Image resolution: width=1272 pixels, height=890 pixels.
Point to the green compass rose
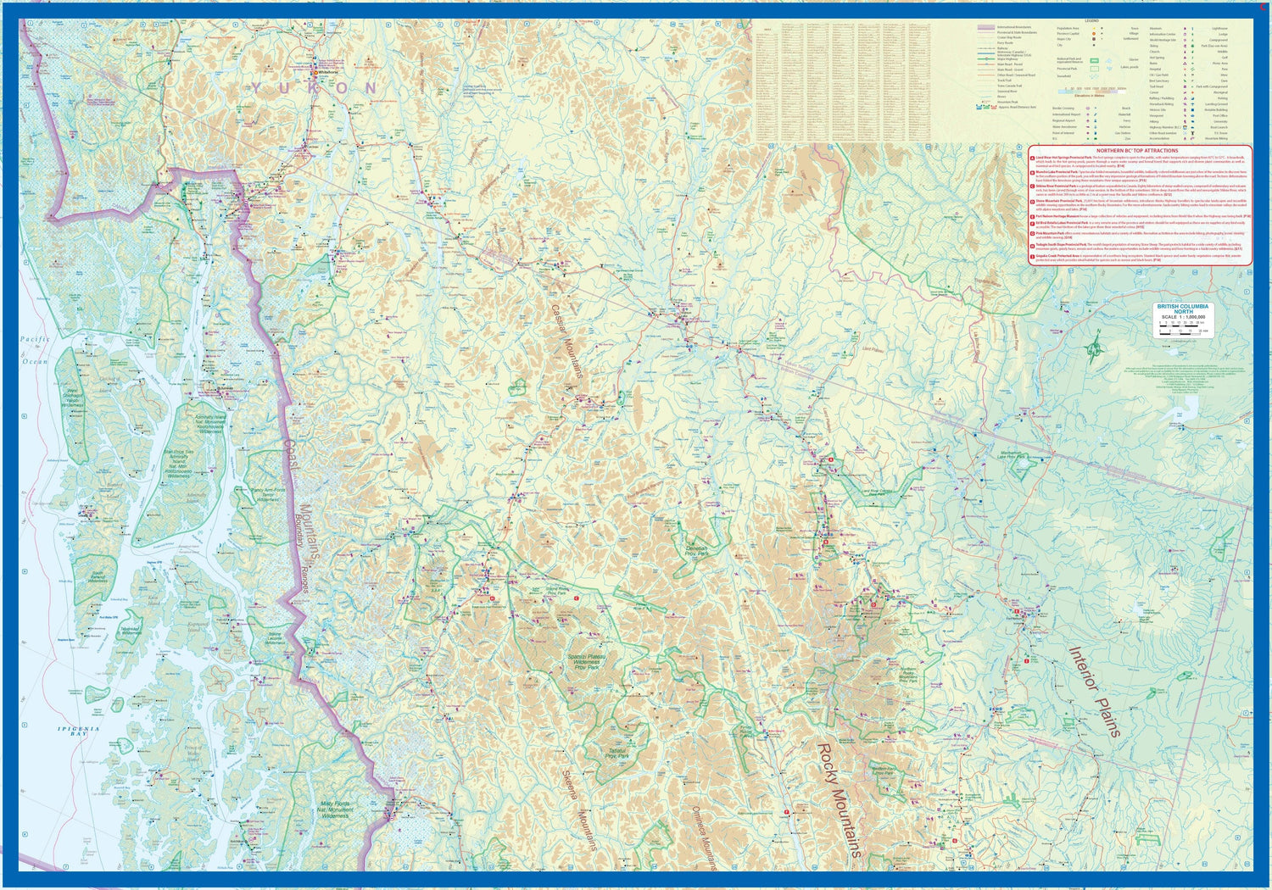pyautogui.click(x=1097, y=345)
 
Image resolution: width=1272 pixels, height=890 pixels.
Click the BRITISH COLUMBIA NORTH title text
pyautogui.click(x=1182, y=309)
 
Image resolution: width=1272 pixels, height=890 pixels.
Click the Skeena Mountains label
pyautogui.click(x=580, y=809)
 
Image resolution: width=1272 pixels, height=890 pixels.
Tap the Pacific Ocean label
pyautogui.click(x=35, y=349)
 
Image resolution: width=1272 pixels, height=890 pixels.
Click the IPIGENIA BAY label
pyautogui.click(x=78, y=731)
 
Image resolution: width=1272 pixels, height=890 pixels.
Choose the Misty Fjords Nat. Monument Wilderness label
pyautogui.click(x=335, y=809)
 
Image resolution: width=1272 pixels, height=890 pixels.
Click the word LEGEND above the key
pyautogui.click(x=1091, y=19)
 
